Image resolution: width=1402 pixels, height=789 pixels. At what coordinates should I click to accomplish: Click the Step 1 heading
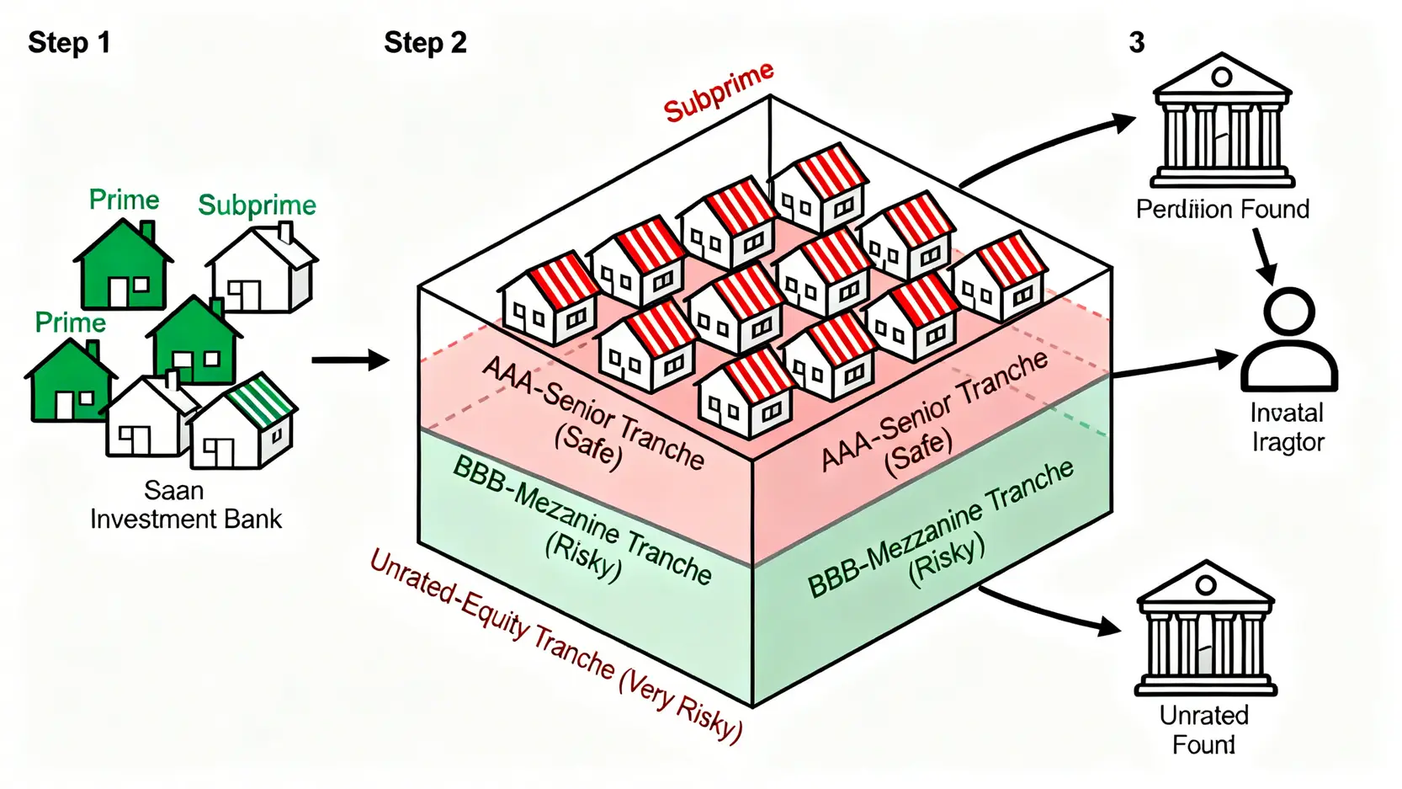click(x=69, y=43)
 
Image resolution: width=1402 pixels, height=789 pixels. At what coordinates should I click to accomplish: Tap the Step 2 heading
click(x=425, y=43)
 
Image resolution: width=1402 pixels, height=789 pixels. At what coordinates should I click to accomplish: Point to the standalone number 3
click(x=1136, y=43)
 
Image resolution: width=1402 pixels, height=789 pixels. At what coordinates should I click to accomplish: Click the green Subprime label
click(x=257, y=205)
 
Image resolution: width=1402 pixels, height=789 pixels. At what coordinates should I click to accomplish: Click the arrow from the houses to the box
click(x=349, y=360)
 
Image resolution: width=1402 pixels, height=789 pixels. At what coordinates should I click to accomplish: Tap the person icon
click(x=1288, y=340)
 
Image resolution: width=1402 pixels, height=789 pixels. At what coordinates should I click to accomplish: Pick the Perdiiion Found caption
click(x=1222, y=209)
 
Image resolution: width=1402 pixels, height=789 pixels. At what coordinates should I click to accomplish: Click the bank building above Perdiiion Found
click(x=1222, y=122)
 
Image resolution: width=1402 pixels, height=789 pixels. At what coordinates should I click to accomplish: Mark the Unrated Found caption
click(x=1203, y=729)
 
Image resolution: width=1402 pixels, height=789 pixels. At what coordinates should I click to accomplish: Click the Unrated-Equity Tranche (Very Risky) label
click(x=555, y=644)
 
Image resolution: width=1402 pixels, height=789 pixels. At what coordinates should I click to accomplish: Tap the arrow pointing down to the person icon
click(x=1263, y=256)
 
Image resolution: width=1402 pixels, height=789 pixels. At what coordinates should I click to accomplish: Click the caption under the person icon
click(x=1287, y=427)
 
